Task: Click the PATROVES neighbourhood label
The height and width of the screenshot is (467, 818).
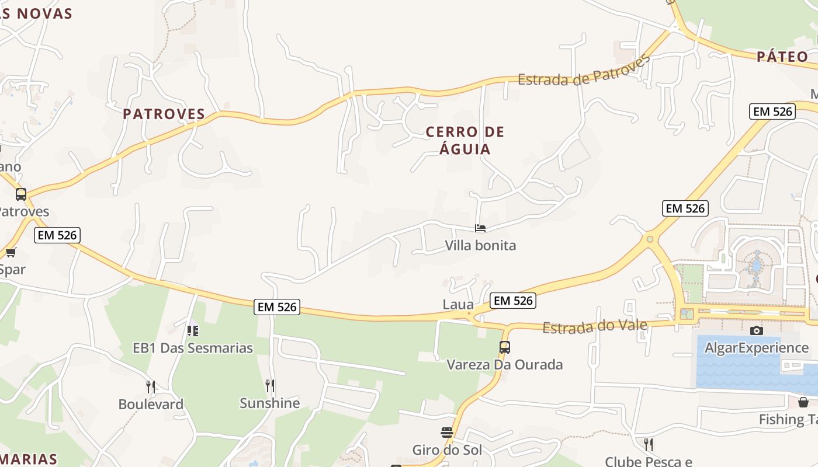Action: pyautogui.click(x=164, y=114)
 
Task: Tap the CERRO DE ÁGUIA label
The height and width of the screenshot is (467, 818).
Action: pyautogui.click(x=465, y=141)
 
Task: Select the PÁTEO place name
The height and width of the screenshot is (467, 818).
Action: pyautogui.click(x=782, y=57)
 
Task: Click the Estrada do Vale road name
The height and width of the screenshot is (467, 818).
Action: pyautogui.click(x=595, y=326)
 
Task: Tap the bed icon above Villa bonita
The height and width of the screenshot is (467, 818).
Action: pyautogui.click(x=480, y=228)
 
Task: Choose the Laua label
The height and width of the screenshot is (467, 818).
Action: pyautogui.click(x=458, y=304)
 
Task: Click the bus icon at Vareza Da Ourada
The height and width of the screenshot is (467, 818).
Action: pyautogui.click(x=505, y=347)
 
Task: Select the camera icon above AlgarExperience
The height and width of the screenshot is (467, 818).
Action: pyautogui.click(x=757, y=331)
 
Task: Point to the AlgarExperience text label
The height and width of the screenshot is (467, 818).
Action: pyautogui.click(x=757, y=348)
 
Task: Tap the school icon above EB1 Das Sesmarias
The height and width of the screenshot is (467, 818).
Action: pyautogui.click(x=192, y=330)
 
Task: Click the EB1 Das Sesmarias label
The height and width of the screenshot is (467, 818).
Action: pyautogui.click(x=193, y=348)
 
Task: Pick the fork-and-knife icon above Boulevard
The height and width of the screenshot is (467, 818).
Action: pyautogui.click(x=151, y=386)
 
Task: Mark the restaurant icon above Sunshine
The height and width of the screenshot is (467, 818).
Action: pyautogui.click(x=270, y=385)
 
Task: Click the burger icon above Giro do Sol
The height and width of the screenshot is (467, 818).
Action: pyautogui.click(x=447, y=433)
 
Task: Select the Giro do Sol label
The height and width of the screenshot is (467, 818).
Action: pyautogui.click(x=447, y=450)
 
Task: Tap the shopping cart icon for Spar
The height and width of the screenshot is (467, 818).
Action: pyautogui.click(x=11, y=252)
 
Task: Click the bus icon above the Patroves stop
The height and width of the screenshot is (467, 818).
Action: pyautogui.click(x=21, y=194)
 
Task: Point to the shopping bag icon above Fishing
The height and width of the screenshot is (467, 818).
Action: pyautogui.click(x=803, y=402)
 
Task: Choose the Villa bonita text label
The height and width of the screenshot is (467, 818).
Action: pyautogui.click(x=480, y=245)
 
